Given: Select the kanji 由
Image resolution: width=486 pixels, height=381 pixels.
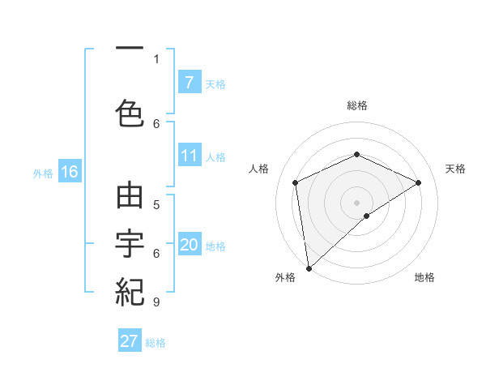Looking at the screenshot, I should tap(130, 198).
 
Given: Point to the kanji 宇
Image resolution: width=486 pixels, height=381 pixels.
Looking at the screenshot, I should tap(130, 244).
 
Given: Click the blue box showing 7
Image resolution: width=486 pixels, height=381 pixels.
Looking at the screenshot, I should tap(189, 83).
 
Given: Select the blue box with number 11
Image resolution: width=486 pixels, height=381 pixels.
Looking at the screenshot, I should tap(189, 156).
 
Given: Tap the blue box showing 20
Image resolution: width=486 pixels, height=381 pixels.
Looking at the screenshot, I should tap(189, 246).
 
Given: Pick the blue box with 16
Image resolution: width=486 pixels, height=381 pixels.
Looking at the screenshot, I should tap(69, 172).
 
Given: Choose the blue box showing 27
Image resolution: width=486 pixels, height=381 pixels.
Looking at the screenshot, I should tap(130, 341).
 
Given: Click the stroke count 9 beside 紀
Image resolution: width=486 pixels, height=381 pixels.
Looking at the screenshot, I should tap(156, 302).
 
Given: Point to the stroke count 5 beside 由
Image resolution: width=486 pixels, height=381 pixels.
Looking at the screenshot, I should tap(156, 204).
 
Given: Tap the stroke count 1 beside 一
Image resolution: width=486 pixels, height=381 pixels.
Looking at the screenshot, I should tap(156, 58).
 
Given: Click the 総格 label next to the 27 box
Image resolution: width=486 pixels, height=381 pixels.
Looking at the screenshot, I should tap(156, 343).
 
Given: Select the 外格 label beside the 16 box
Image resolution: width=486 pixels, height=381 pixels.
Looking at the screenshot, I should tap(42, 173).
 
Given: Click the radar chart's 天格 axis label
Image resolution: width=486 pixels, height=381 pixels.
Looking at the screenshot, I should tap(455, 169).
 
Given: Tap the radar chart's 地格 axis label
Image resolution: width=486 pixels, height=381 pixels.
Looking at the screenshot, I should tap(424, 277).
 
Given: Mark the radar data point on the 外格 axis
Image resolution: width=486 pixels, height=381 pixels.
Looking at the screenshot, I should tap(308, 268).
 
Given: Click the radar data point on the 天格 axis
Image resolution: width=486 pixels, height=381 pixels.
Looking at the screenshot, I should tap(419, 182).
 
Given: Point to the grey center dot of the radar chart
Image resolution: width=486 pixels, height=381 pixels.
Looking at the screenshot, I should tap(356, 201).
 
